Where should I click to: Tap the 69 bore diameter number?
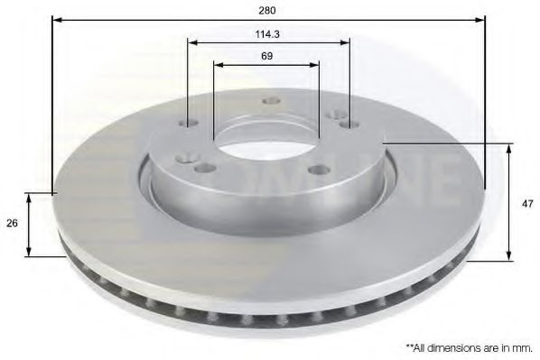coord(266,56)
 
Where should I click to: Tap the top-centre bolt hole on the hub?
coord(267,101)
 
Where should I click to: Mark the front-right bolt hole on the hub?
coord(316,169)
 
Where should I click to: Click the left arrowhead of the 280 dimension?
coord(56,20)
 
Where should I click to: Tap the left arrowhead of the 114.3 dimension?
coord(191,42)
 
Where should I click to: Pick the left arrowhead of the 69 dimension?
coord(218,64)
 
